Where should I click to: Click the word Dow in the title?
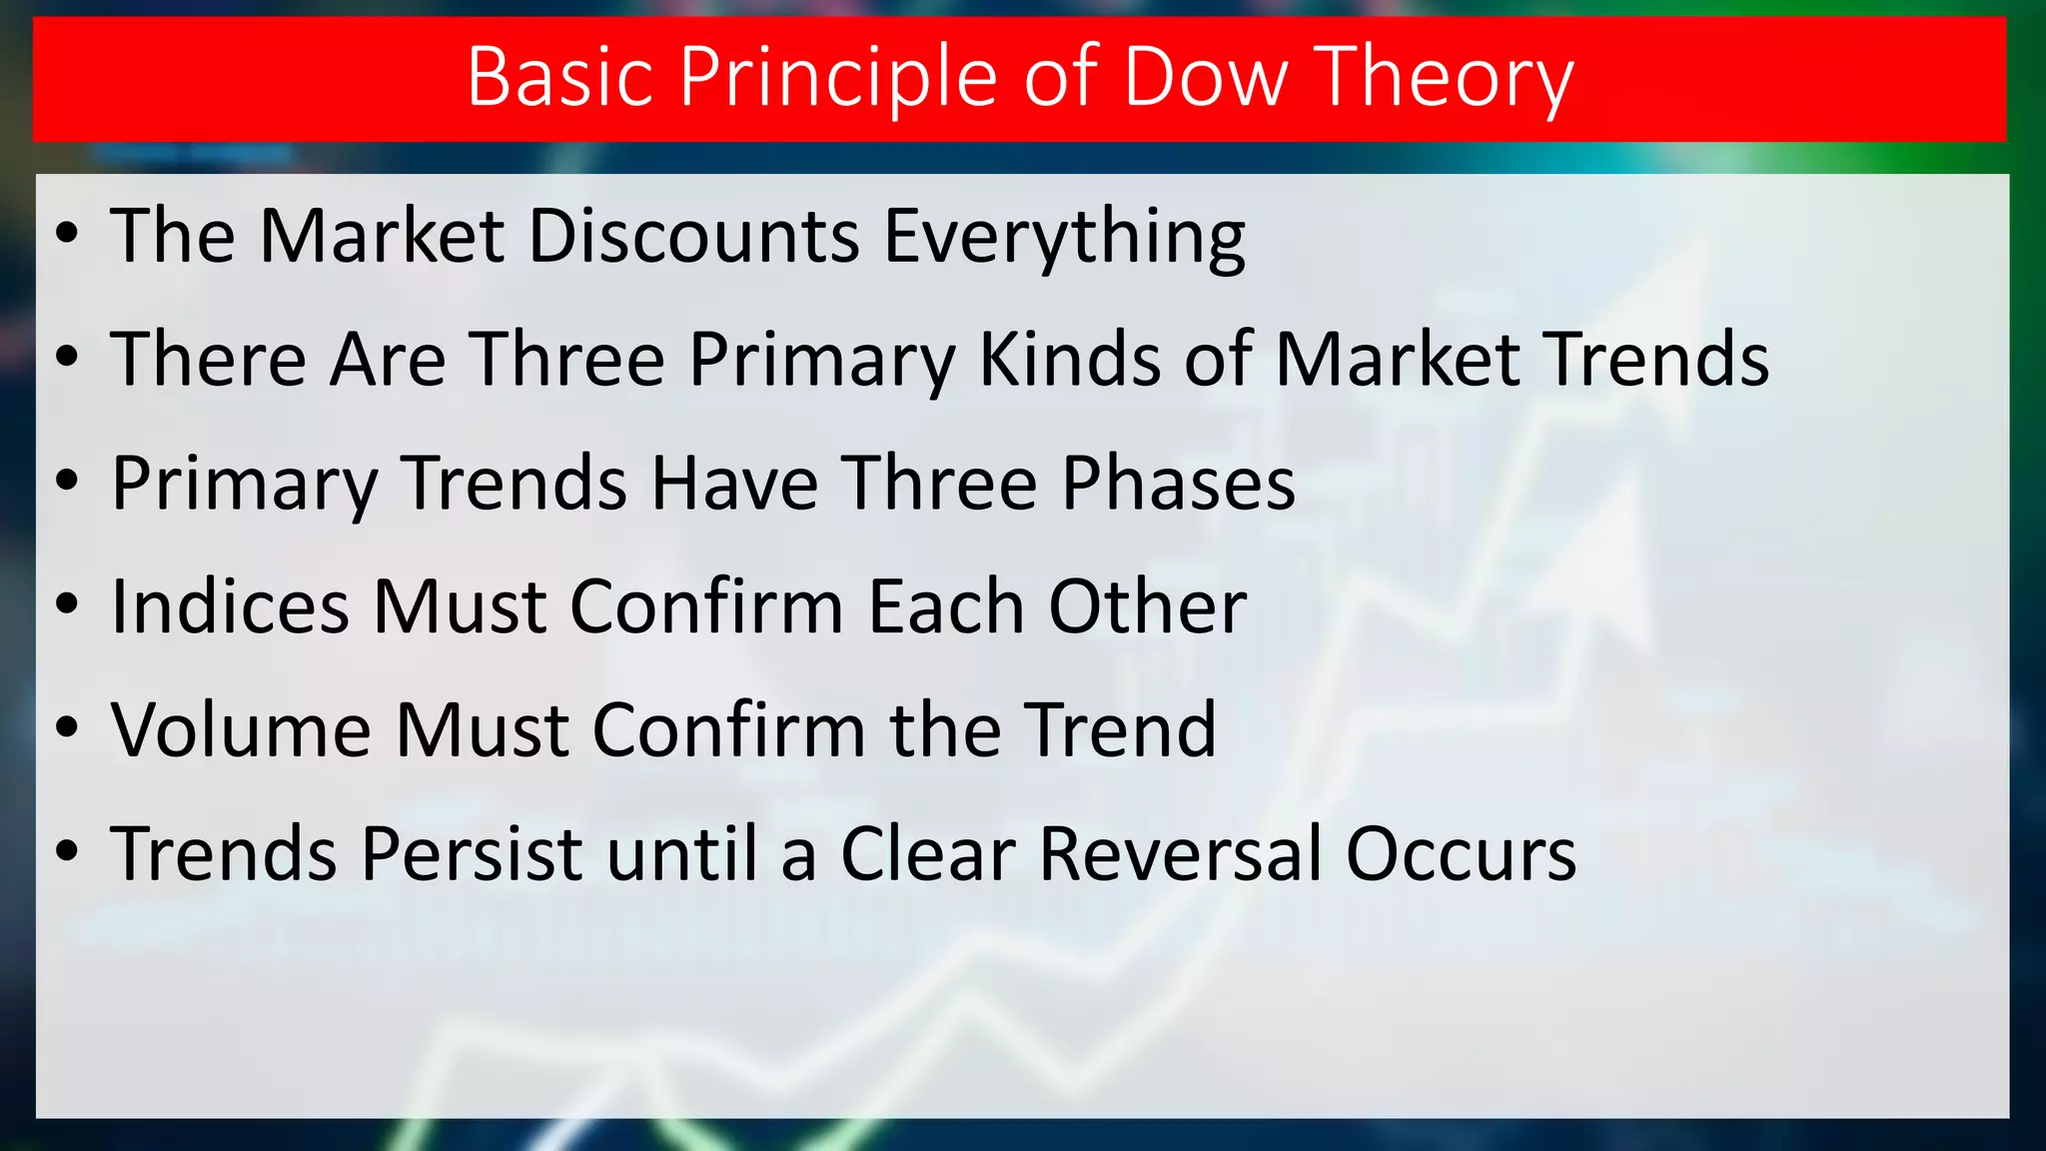[1206, 77]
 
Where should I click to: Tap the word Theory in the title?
[1443, 79]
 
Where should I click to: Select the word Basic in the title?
[559, 77]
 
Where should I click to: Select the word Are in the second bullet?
[389, 359]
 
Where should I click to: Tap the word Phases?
[1178, 484]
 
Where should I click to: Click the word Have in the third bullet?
[734, 484]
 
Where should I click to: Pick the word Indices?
[230, 606]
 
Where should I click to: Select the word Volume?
[241, 730]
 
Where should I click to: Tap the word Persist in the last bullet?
[472, 854]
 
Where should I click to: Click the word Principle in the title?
[839, 79]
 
